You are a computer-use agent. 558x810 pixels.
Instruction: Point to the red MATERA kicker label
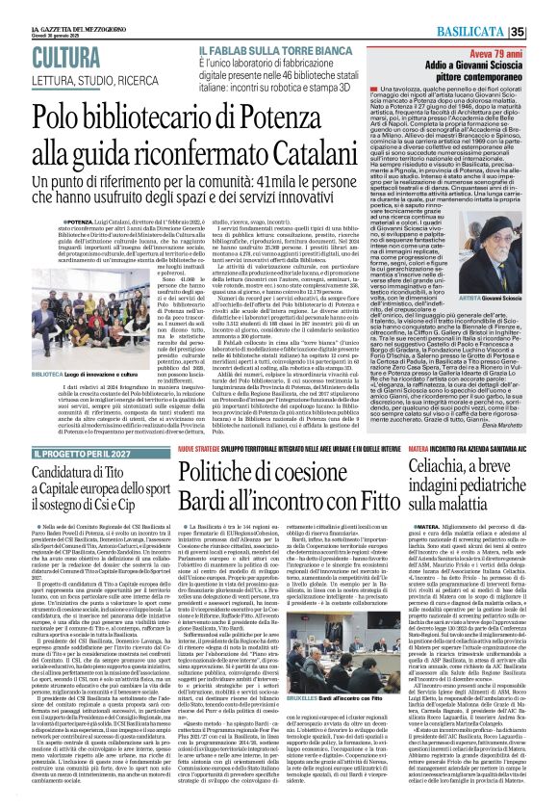(x=424, y=449)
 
